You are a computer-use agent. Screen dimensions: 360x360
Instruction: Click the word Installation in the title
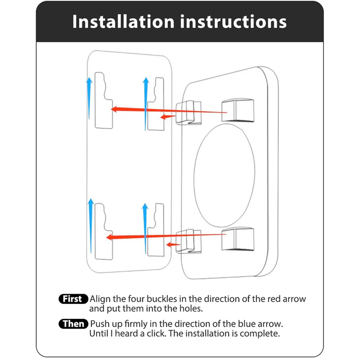[x=123, y=22]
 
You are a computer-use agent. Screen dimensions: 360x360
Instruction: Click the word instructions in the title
[x=234, y=22]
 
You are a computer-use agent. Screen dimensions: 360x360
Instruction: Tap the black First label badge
[x=73, y=299]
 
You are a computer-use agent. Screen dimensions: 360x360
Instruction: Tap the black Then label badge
[x=73, y=324]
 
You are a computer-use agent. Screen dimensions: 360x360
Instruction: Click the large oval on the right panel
[x=224, y=175]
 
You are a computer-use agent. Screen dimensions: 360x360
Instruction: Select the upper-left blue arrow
[x=89, y=98]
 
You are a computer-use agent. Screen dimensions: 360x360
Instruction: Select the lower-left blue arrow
[x=91, y=226]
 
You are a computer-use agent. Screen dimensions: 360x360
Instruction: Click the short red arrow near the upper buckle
[x=168, y=117]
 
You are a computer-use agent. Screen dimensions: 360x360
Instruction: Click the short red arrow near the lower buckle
[x=174, y=244]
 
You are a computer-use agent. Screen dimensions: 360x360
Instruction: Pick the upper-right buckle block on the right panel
[x=238, y=110]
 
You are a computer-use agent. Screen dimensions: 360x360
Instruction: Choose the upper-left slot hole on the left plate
[x=104, y=100]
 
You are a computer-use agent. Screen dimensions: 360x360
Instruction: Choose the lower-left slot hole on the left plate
[x=104, y=231]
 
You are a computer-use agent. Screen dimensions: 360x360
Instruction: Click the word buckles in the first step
[x=162, y=299]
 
